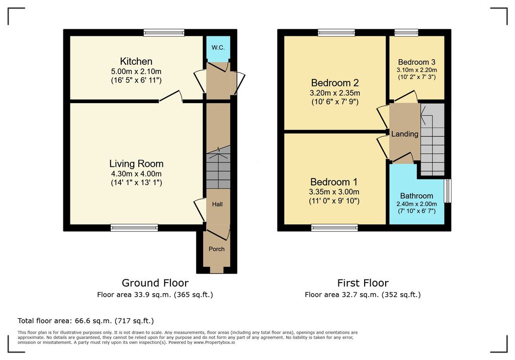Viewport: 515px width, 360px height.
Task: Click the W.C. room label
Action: (x=218, y=48)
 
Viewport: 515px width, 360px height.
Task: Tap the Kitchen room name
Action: (x=136, y=61)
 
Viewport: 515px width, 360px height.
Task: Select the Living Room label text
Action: (x=136, y=163)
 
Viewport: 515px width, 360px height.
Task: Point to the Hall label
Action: (x=217, y=204)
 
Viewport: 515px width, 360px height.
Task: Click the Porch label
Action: (x=217, y=249)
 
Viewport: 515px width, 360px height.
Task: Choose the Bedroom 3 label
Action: (x=417, y=62)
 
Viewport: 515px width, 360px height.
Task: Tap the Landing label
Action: (x=405, y=134)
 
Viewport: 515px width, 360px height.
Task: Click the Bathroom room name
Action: (x=416, y=196)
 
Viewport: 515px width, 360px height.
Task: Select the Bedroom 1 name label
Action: (x=334, y=182)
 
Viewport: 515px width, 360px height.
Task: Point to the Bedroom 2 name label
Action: (x=334, y=83)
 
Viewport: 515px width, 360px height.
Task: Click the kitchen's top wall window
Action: (x=164, y=33)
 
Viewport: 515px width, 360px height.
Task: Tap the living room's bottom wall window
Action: (x=134, y=228)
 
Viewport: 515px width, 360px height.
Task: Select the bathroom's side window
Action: (x=448, y=191)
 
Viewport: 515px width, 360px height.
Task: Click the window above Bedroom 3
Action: (x=406, y=33)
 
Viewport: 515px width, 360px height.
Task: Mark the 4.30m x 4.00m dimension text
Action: (x=136, y=174)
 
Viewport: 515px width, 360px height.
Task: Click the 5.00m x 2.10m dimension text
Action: (x=136, y=71)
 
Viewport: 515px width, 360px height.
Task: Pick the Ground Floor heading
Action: (x=155, y=283)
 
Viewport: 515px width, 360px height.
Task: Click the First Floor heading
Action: (x=363, y=283)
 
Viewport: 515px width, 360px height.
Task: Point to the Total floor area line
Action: (x=85, y=321)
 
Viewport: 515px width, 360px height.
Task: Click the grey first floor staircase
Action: (x=433, y=140)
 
